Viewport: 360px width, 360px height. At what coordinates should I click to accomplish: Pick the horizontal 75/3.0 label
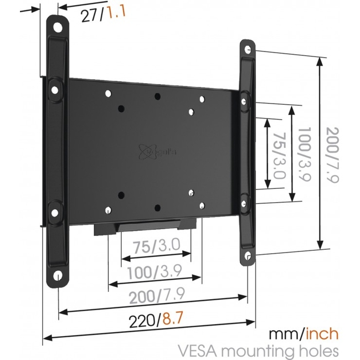click(156, 246)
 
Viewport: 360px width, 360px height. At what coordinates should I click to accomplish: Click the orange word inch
click(320, 335)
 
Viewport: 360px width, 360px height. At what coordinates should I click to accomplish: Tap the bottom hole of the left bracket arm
click(57, 275)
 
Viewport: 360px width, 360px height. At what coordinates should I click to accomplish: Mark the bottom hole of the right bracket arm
click(249, 256)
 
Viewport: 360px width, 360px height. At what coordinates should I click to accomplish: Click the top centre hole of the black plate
click(157, 97)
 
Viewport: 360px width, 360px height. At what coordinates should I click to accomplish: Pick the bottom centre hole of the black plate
click(157, 208)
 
